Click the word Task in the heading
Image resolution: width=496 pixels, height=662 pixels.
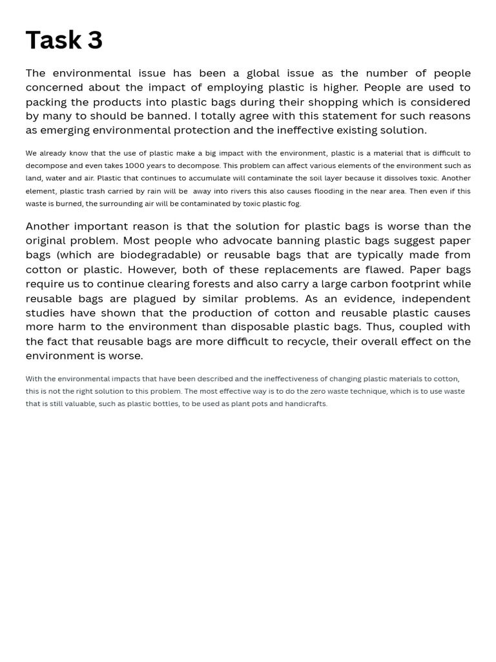coord(53,40)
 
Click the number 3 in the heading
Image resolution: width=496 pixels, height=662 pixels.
coord(95,40)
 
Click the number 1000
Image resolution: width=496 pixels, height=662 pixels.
coord(135,165)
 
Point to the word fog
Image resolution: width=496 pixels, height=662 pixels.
coord(294,204)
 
